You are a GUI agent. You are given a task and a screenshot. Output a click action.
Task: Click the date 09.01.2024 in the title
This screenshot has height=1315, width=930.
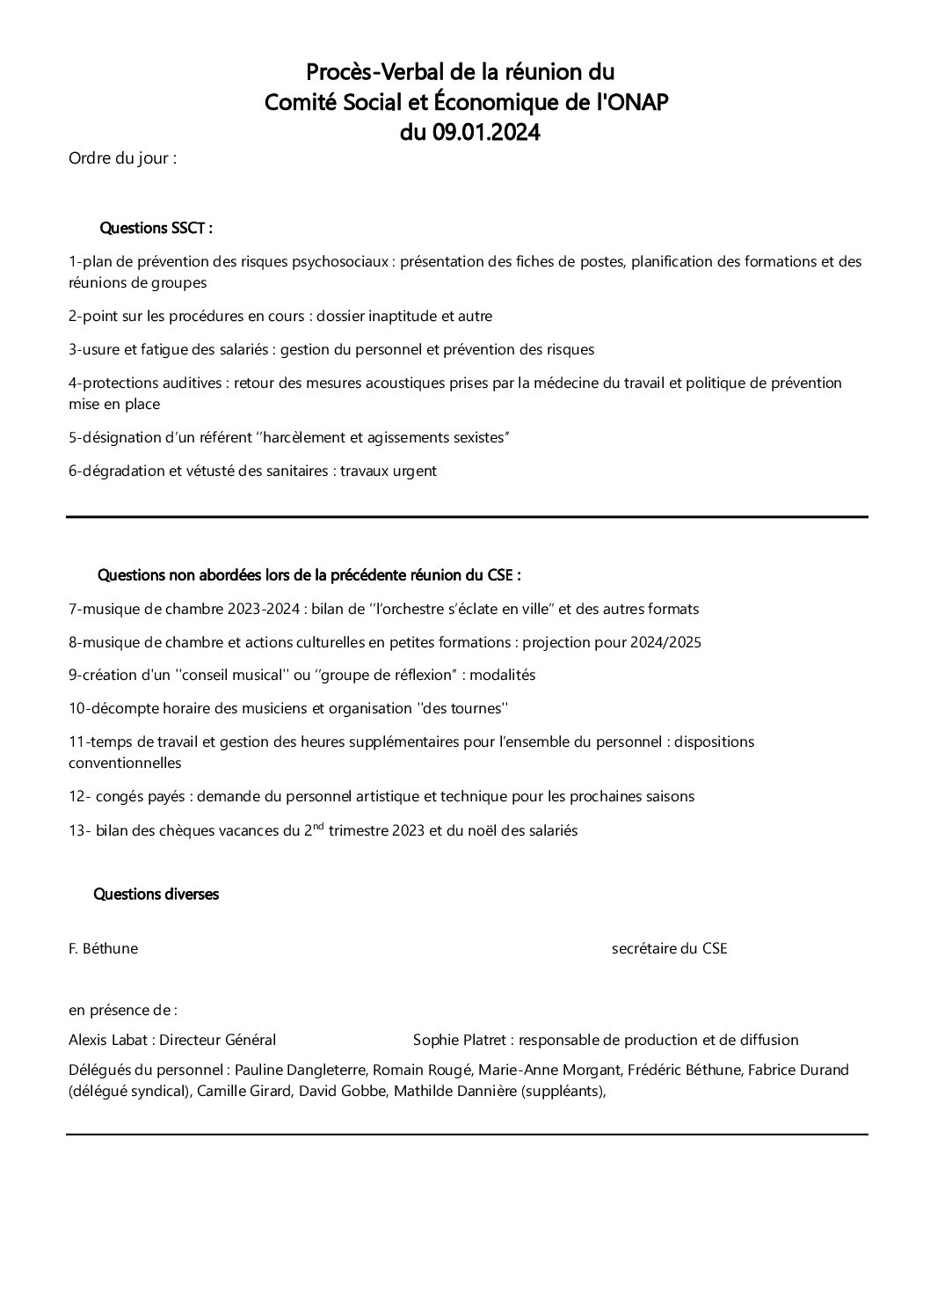click(486, 133)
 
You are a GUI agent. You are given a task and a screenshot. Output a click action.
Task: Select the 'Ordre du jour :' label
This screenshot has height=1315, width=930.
click(122, 159)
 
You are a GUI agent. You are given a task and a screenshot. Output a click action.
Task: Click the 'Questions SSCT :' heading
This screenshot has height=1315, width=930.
click(156, 229)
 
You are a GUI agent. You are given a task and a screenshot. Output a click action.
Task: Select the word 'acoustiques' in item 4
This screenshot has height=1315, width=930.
click(440, 383)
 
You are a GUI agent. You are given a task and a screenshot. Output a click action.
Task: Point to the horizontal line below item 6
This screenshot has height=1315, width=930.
click(466, 516)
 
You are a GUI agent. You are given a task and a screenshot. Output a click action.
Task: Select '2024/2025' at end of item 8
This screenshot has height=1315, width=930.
click(665, 642)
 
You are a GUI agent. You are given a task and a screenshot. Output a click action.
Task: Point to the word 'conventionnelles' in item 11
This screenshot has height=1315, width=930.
click(125, 763)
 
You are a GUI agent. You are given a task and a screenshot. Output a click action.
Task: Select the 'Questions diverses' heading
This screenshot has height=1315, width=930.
click(156, 895)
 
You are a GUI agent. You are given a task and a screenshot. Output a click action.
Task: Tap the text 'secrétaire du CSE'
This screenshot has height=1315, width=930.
click(669, 949)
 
